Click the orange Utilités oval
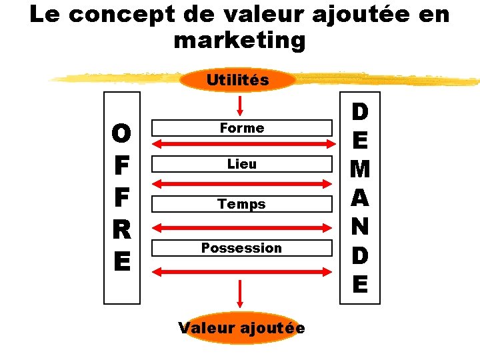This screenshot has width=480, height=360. (x=238, y=80)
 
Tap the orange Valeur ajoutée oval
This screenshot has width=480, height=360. (x=241, y=328)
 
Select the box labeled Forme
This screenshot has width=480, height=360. (x=242, y=127)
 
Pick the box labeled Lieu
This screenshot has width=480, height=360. (x=242, y=163)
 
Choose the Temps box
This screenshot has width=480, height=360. (x=242, y=204)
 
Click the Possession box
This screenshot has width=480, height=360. (x=242, y=248)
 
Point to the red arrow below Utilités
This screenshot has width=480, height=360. (x=241, y=105)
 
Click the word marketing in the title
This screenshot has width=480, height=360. (x=239, y=40)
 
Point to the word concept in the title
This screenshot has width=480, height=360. (x=125, y=15)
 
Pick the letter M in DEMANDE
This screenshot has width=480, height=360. (x=359, y=169)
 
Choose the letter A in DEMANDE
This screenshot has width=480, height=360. (x=359, y=198)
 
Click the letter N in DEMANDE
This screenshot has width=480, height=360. (x=359, y=227)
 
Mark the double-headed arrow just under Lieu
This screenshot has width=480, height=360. (x=242, y=183)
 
